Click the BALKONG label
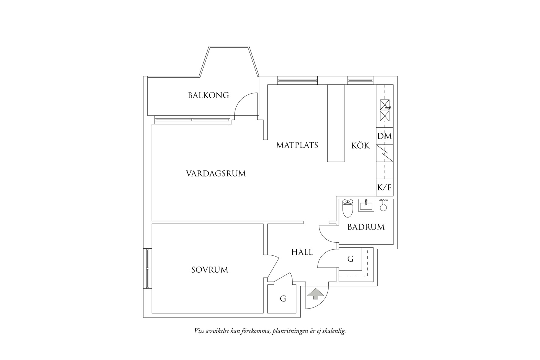(208, 96)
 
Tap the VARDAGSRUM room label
(216, 174)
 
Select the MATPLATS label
(297, 145)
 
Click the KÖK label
(360, 146)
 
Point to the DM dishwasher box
(384, 136)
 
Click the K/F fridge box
(384, 188)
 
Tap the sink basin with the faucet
(385, 105)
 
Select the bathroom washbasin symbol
(366, 205)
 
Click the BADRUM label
(366, 227)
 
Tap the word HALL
(302, 252)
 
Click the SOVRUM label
(210, 270)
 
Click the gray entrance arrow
(315, 294)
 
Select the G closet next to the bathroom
(350, 259)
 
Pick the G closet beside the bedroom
(283, 299)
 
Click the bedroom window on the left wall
(147, 268)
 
